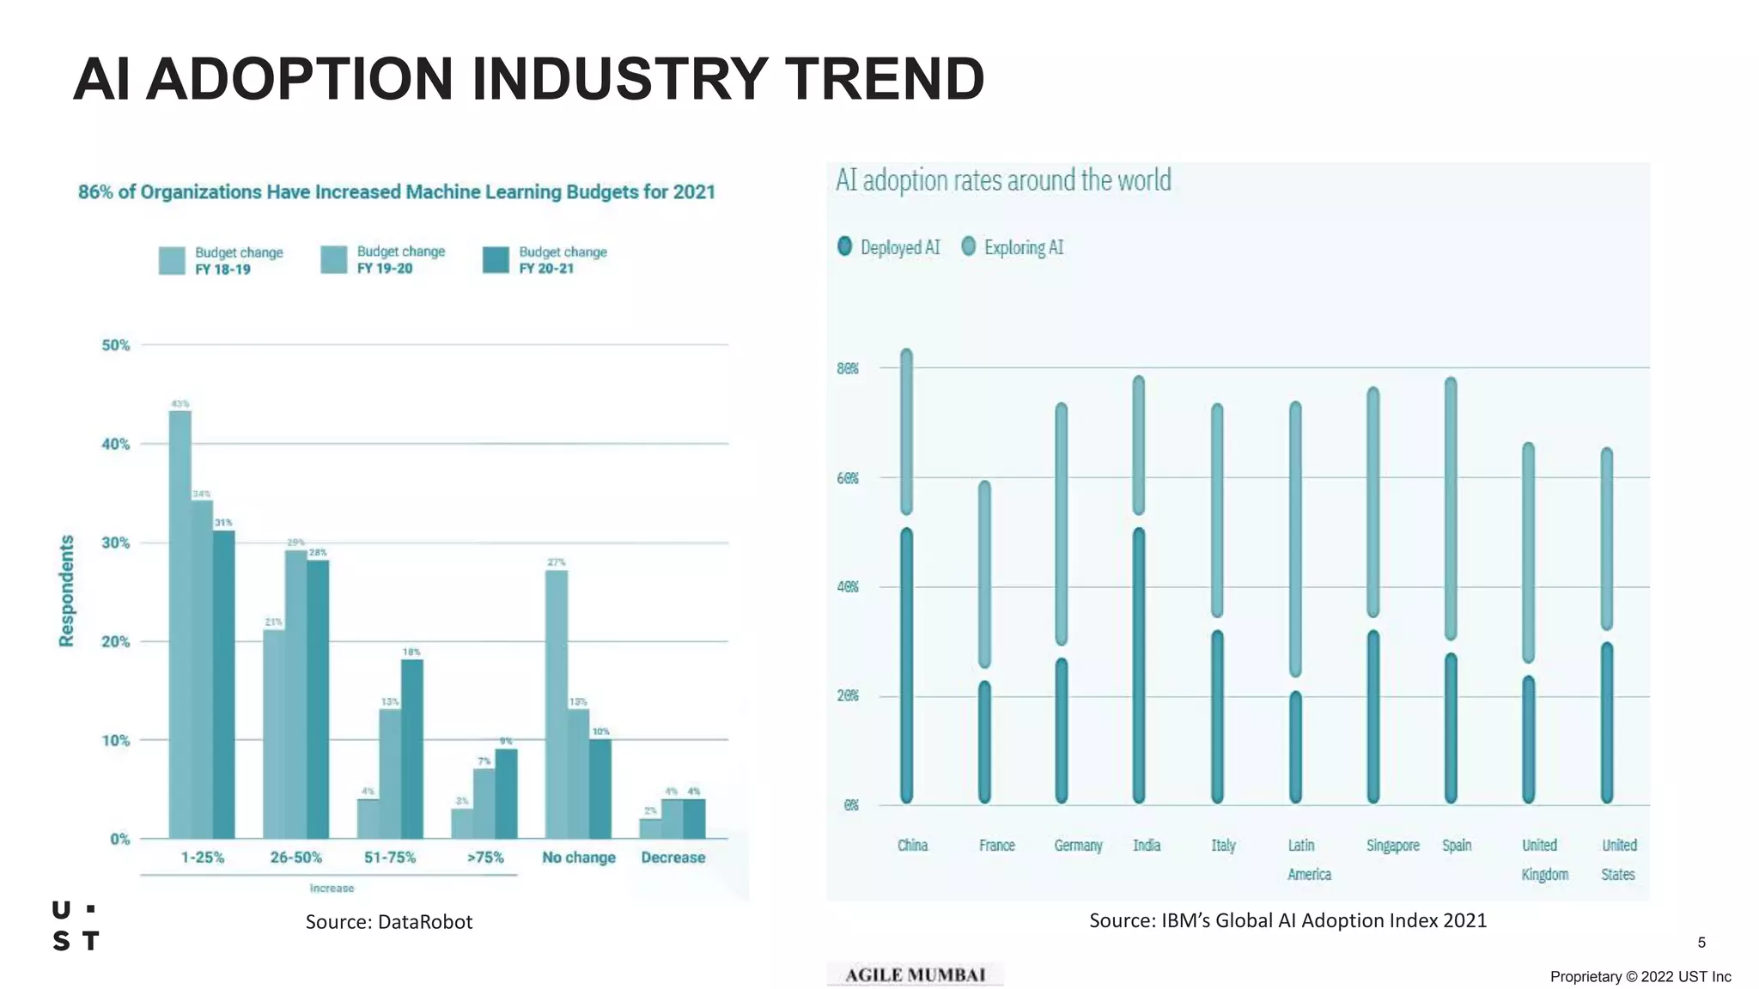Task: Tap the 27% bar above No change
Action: coord(557,704)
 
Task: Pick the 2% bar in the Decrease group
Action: coord(650,828)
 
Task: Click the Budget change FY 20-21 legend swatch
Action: coord(496,260)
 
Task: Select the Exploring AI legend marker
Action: coord(969,246)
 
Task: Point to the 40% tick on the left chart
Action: coord(115,444)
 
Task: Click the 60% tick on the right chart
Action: coord(848,478)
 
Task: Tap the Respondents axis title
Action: coord(66,591)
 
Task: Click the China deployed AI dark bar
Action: coord(906,665)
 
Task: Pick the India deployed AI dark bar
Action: coord(1139,665)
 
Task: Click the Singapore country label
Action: coord(1392,846)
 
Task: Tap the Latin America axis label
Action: coord(1307,859)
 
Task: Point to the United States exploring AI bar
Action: coord(1606,539)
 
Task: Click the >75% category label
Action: coord(485,858)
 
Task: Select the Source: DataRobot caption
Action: coord(389,922)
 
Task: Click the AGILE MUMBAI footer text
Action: coord(915,974)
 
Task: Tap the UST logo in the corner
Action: coord(76,925)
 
